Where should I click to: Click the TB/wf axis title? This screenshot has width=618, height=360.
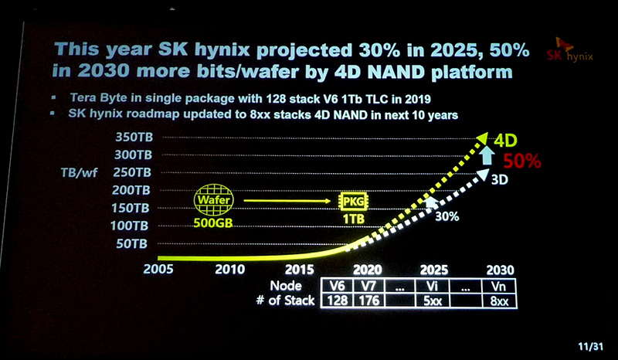77,172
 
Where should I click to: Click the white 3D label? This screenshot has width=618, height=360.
500,179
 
